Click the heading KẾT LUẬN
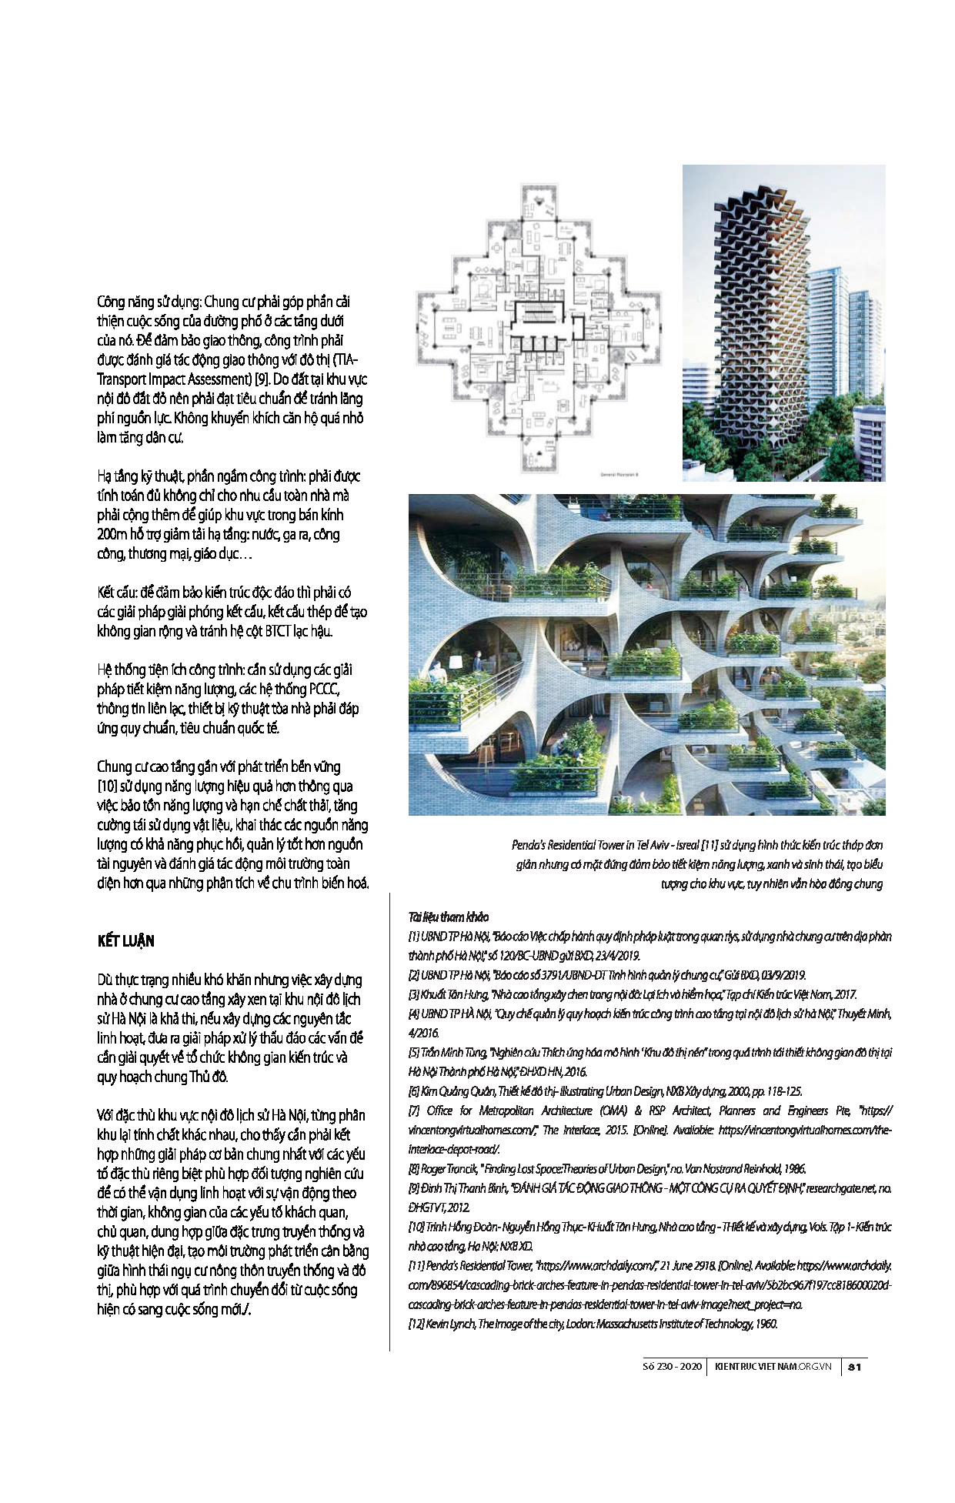(x=125, y=941)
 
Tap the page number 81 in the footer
(x=854, y=1367)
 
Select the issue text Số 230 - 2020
(x=672, y=1367)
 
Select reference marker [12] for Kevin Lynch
(x=416, y=1324)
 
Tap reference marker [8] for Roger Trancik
(x=413, y=1168)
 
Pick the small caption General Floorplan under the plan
(x=620, y=474)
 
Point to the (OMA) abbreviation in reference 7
(x=611, y=1111)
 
